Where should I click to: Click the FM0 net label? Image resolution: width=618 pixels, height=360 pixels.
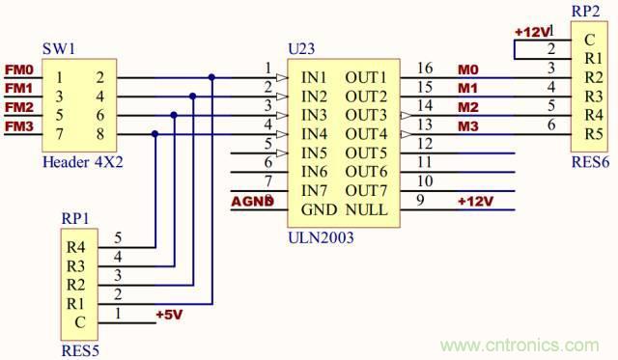point(18,70)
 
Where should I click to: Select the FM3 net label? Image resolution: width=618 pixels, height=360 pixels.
point(18,126)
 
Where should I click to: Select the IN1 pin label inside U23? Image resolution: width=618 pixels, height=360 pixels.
point(314,77)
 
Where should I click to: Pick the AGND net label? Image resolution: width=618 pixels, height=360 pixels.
point(253,201)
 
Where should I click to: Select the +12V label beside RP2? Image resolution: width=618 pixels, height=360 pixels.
point(532,32)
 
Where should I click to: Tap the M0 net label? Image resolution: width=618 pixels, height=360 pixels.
point(467,69)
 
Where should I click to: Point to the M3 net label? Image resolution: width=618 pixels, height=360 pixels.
point(467,125)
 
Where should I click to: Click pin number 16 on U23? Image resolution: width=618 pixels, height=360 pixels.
point(426,69)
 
